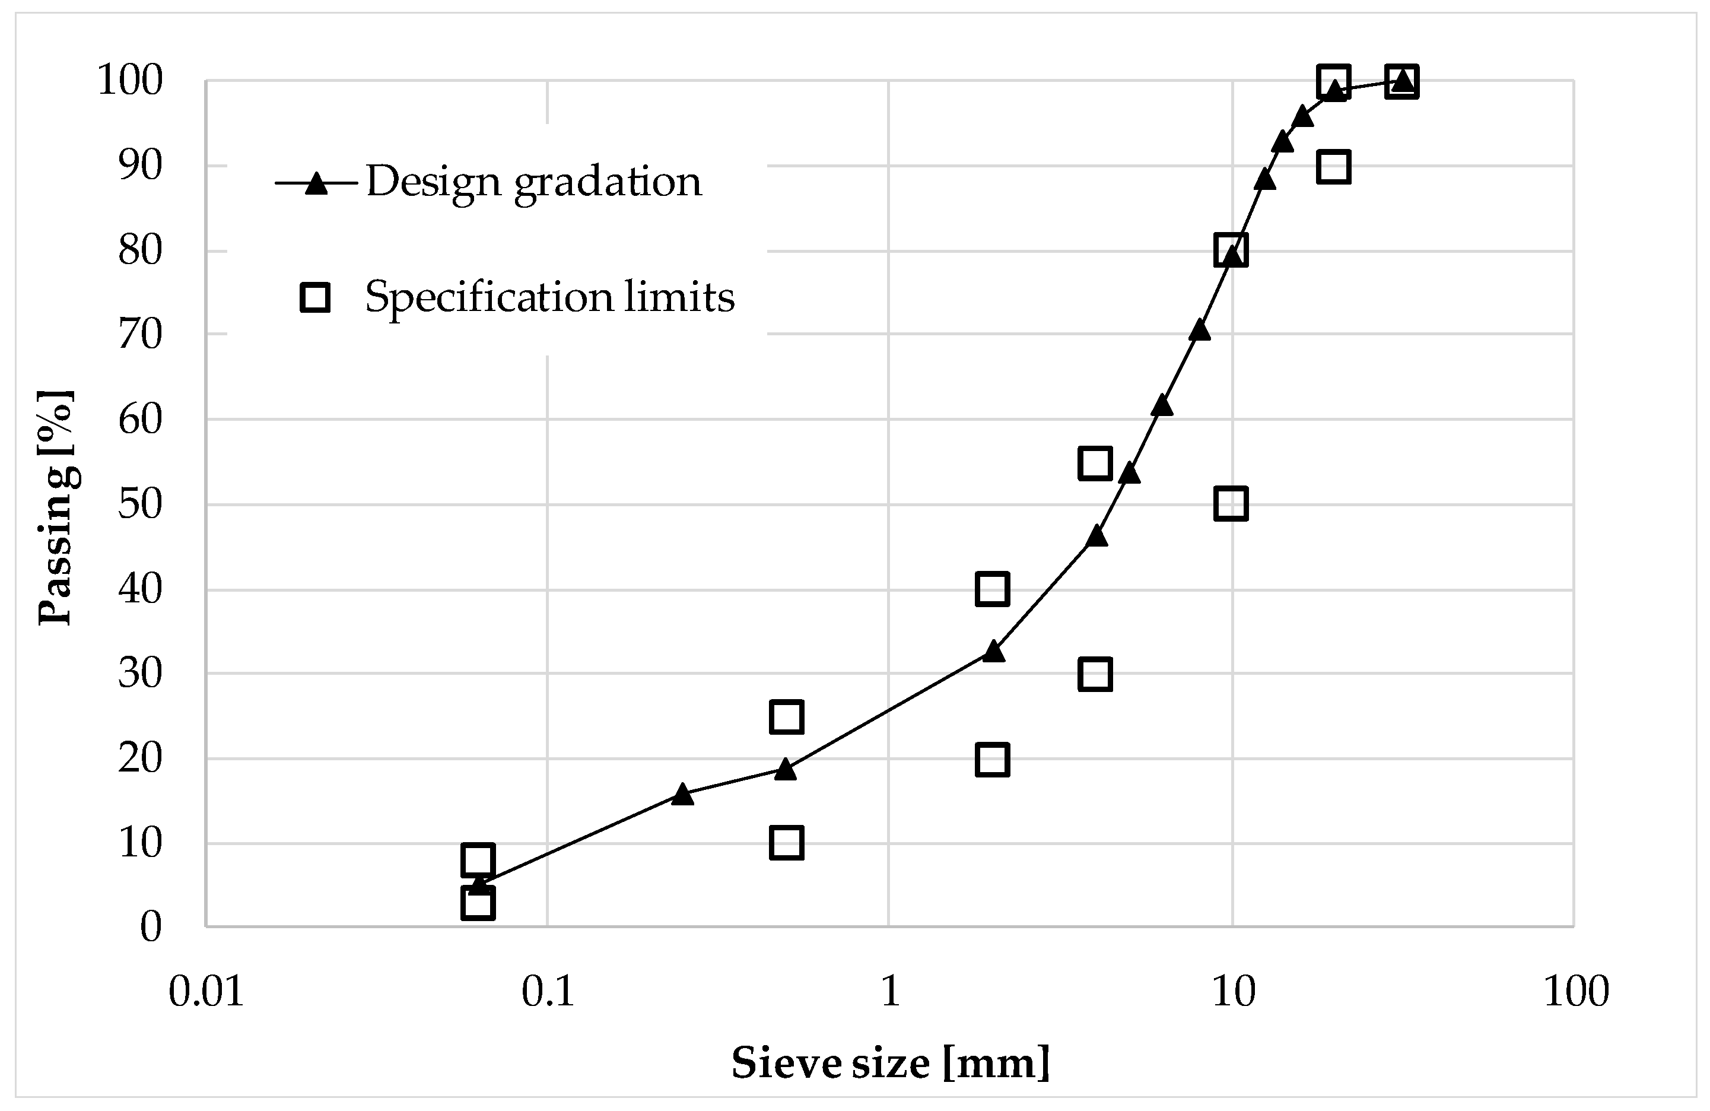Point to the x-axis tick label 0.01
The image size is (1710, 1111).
(206, 991)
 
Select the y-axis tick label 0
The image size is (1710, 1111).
(151, 926)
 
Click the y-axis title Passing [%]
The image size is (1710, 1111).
(56, 507)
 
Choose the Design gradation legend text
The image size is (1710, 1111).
(534, 182)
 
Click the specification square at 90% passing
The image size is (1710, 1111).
(1333, 167)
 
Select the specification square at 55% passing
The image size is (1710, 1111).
(1095, 463)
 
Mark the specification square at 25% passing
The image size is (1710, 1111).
(786, 716)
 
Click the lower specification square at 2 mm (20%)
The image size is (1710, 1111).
(992, 760)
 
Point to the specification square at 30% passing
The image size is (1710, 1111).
(1095, 674)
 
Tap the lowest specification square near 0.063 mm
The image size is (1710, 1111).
(478, 903)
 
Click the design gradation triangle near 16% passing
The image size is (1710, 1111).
(682, 794)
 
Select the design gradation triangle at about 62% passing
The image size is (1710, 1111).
(1162, 406)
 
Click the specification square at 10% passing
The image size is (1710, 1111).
(786, 842)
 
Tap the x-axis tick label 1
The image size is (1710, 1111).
(889, 991)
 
